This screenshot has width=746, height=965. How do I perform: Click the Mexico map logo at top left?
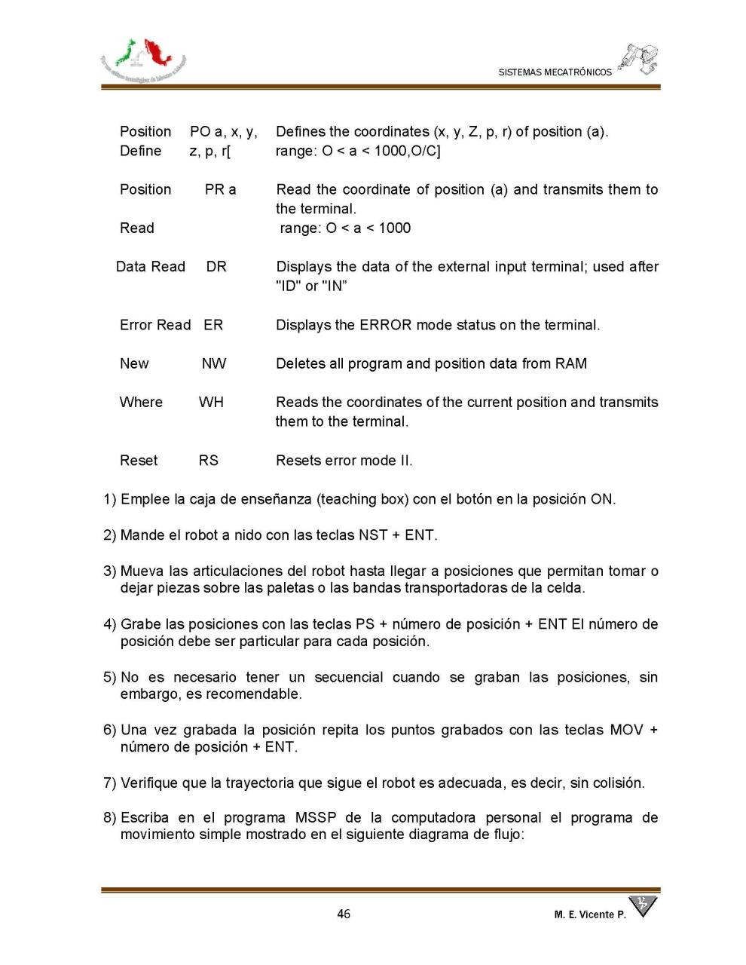[x=143, y=59]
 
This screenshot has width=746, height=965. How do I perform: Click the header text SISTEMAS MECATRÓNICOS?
[x=555, y=72]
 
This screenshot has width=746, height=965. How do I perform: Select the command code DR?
[x=216, y=266]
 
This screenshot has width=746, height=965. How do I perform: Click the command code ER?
[x=213, y=325]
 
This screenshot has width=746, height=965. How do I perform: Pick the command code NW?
[x=213, y=363]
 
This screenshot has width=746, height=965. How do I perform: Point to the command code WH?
[x=211, y=402]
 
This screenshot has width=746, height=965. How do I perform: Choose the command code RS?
[x=208, y=460]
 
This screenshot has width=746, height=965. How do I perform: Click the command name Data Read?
[x=151, y=266]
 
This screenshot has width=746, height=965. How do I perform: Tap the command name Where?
[x=141, y=402]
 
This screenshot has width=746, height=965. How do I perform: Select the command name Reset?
[x=139, y=460]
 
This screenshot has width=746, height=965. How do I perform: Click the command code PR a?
[x=220, y=189]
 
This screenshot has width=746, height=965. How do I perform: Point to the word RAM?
[x=571, y=363]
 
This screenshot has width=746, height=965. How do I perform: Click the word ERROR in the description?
[x=385, y=325]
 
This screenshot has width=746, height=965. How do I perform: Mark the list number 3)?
[x=110, y=571]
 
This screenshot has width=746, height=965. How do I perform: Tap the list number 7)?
[x=110, y=783]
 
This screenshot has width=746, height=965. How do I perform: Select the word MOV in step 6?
[x=627, y=730]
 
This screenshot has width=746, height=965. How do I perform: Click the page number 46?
[x=344, y=914]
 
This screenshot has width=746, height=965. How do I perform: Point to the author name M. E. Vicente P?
[x=590, y=914]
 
